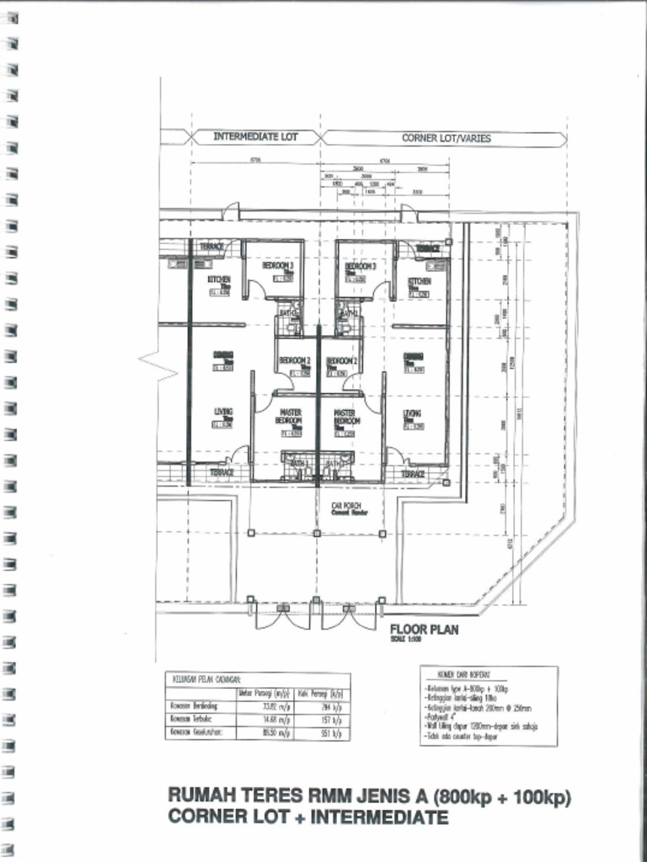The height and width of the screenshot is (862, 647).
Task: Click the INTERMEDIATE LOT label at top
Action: click(255, 136)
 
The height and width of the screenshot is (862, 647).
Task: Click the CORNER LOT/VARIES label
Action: click(446, 137)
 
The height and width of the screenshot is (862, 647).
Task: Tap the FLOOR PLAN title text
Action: click(424, 631)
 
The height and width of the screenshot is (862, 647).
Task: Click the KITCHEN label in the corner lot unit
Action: click(420, 281)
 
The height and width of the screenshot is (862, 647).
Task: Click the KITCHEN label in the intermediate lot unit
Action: click(219, 279)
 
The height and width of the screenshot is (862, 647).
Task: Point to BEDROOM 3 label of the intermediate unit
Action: click(277, 265)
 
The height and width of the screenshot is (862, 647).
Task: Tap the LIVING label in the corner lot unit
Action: click(412, 413)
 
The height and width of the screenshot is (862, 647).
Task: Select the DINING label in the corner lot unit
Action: click(413, 355)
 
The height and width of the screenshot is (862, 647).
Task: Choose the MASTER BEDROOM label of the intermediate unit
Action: click(290, 417)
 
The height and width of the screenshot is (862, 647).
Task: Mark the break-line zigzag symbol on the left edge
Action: click(150, 360)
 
